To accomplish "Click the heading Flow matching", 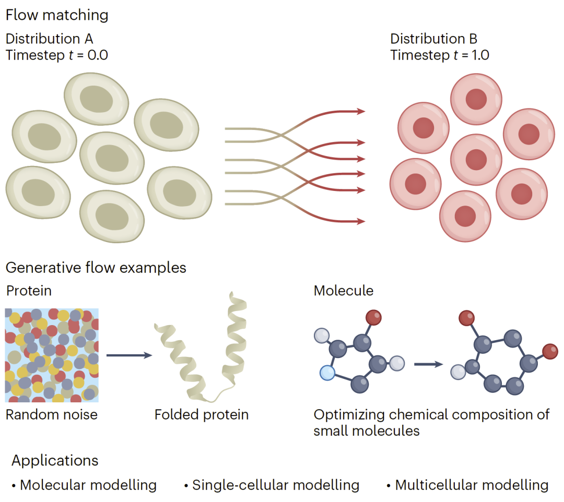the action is pyautogui.click(x=57, y=15).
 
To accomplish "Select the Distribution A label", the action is pyautogui.click(x=49, y=39).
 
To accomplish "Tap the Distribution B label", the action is pyautogui.click(x=433, y=39).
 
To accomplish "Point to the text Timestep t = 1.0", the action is pyautogui.click(x=440, y=55).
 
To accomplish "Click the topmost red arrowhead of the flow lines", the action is pyautogui.click(x=361, y=111).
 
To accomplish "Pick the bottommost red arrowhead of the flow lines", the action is pyautogui.click(x=361, y=221).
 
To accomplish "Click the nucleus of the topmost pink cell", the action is pyautogui.click(x=476, y=99).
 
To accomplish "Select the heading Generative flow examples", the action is pyautogui.click(x=96, y=268).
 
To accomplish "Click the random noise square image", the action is pyautogui.click(x=51, y=355).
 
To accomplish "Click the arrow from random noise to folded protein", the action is pyautogui.click(x=130, y=355).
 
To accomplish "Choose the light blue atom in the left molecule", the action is pyautogui.click(x=327, y=373).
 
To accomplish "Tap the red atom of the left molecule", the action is pyautogui.click(x=373, y=317).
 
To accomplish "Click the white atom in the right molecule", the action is pyautogui.click(x=458, y=372).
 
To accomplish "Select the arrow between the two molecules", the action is pyautogui.click(x=428, y=364).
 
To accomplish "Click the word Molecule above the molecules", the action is pyautogui.click(x=344, y=291).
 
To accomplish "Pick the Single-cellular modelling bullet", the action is pyautogui.click(x=272, y=485).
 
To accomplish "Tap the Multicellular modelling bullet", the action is pyautogui.click(x=467, y=485).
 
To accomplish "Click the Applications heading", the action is pyautogui.click(x=55, y=461).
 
